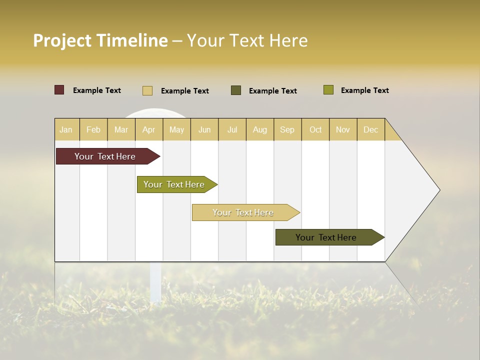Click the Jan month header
(66, 129)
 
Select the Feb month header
(93, 129)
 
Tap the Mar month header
(121, 129)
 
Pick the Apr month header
(149, 129)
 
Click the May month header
(176, 129)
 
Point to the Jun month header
(204, 129)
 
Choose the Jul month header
(232, 129)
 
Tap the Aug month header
(260, 129)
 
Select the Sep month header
(287, 129)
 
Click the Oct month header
(315, 129)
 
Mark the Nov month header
(343, 129)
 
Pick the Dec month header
(371, 129)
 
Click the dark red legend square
(59, 90)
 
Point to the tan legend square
(147, 90)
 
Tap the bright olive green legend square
(328, 90)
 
